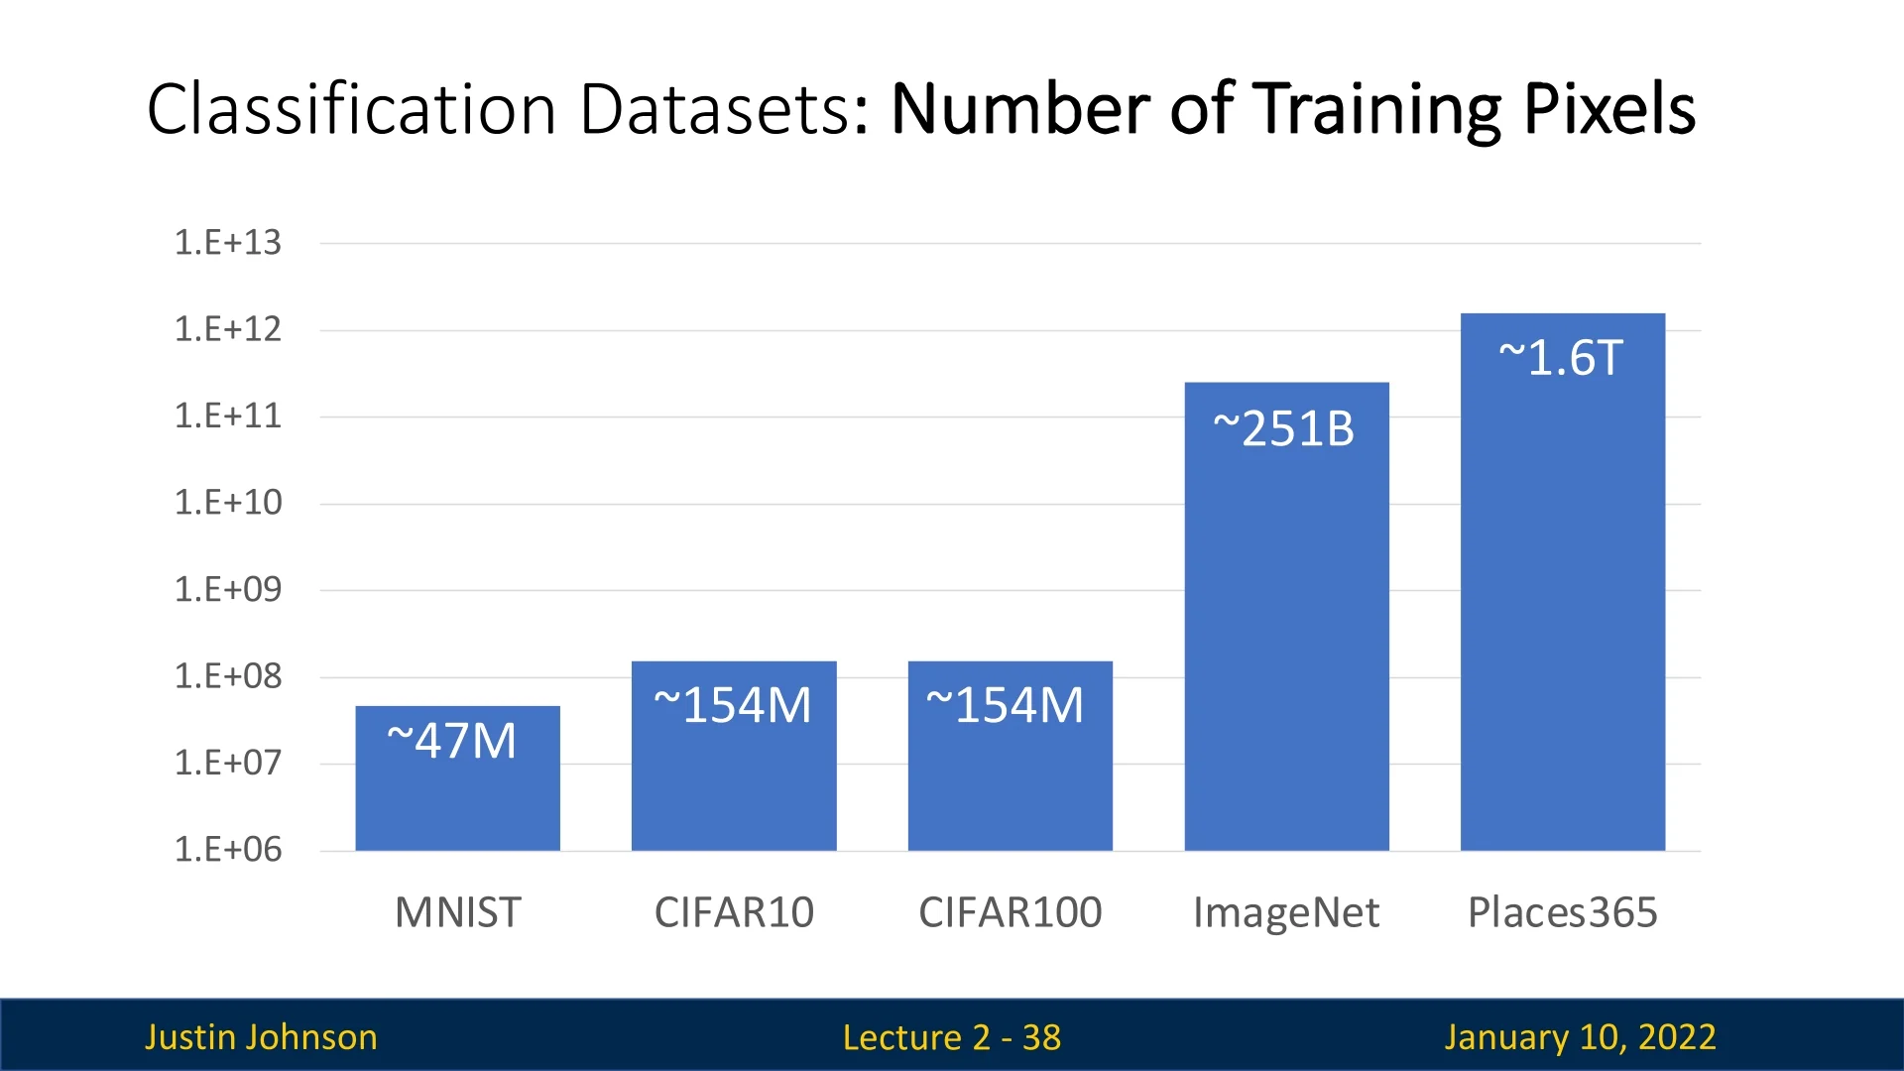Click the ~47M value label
pos(452,741)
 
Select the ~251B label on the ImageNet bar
pos(1284,429)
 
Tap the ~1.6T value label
pos(1561,358)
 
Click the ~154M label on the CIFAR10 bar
pos(733,705)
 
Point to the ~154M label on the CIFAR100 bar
pos(1006,705)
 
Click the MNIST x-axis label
pos(457,912)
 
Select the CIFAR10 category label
pos(734,912)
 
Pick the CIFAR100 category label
pos(1010,912)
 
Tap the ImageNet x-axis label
pos(1286,912)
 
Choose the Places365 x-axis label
pos(1562,912)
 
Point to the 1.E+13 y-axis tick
pos(228,243)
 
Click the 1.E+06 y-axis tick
pos(228,850)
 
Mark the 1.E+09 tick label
pos(228,590)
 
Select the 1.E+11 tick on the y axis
pos(228,416)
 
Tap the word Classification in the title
pos(352,108)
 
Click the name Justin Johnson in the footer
pos(261,1037)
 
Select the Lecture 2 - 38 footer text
pos(951,1037)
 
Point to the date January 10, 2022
pos(1580,1037)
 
